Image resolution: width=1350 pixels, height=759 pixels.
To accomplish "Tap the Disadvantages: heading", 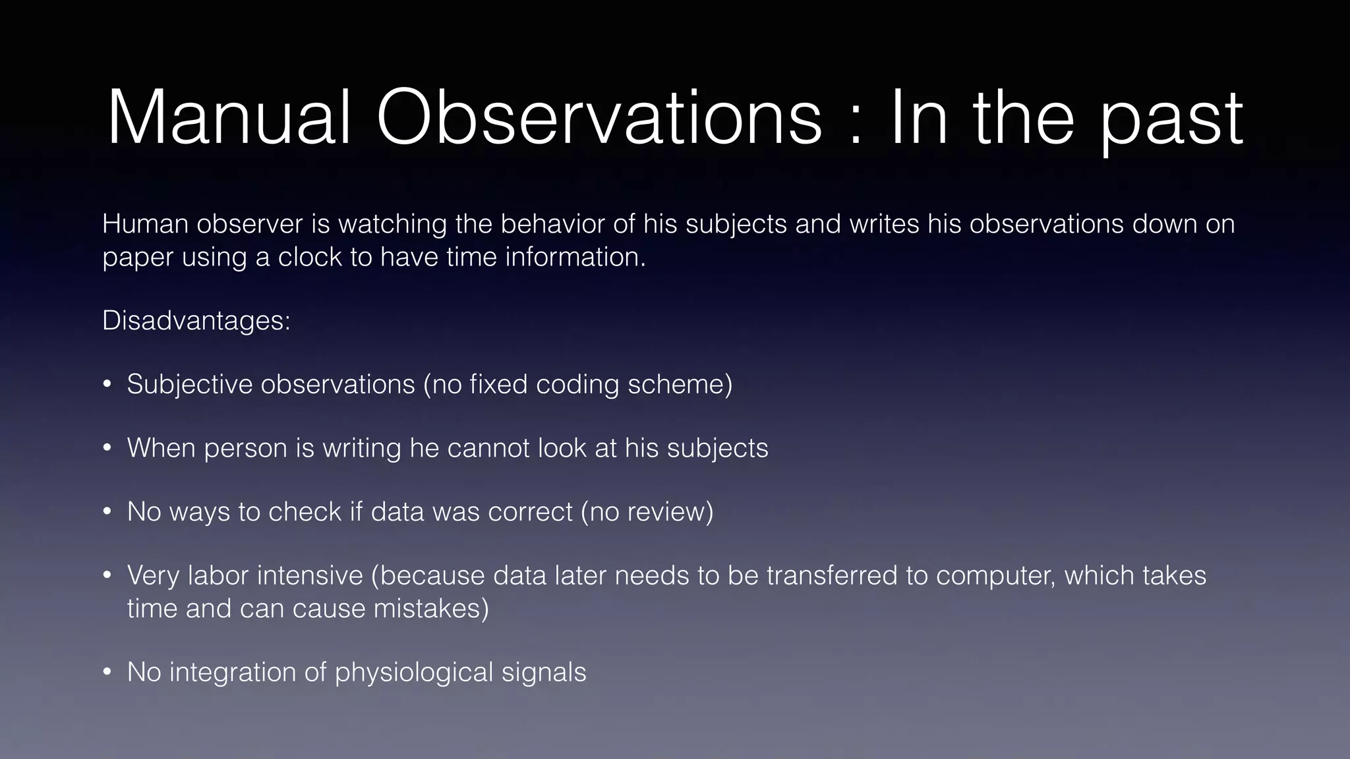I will (x=196, y=321).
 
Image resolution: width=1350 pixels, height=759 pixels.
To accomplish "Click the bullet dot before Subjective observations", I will (x=107, y=385).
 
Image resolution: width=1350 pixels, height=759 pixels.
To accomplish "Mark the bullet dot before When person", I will (x=107, y=449).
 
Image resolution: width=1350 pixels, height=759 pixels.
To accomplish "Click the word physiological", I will (x=413, y=673).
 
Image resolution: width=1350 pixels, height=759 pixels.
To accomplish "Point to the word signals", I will (x=544, y=673).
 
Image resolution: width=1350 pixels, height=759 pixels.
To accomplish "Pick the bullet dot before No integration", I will (x=107, y=673).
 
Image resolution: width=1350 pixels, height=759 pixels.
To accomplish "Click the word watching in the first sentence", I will (x=392, y=225).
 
